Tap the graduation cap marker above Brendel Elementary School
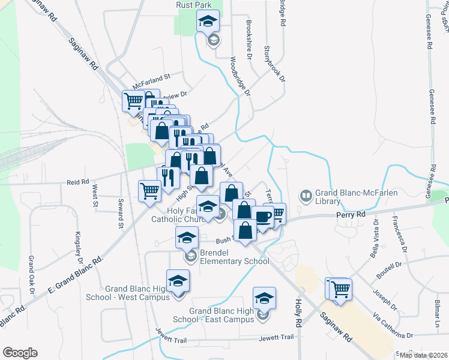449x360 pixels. coord(187,238)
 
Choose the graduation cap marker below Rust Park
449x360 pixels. coord(208,22)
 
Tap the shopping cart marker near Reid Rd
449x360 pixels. coord(149,191)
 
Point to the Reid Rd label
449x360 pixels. coord(77,181)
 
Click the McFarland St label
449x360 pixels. coord(152,77)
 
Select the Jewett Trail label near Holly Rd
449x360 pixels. coord(276,337)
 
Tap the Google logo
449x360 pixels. coord(20,353)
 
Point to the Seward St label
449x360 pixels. coord(121,213)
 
